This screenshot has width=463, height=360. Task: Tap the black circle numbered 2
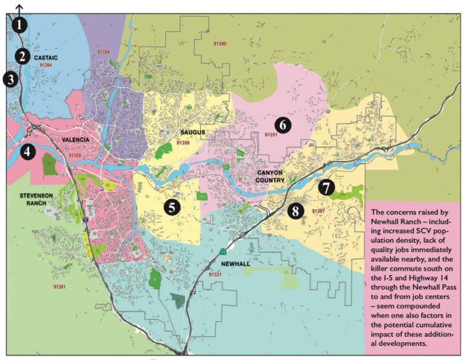click(x=22, y=56)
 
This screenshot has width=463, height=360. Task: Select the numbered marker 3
click(x=10, y=79)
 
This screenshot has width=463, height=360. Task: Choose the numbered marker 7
click(x=327, y=187)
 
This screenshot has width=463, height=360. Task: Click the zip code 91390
click(x=218, y=44)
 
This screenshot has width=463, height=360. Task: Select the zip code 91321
click(x=215, y=274)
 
